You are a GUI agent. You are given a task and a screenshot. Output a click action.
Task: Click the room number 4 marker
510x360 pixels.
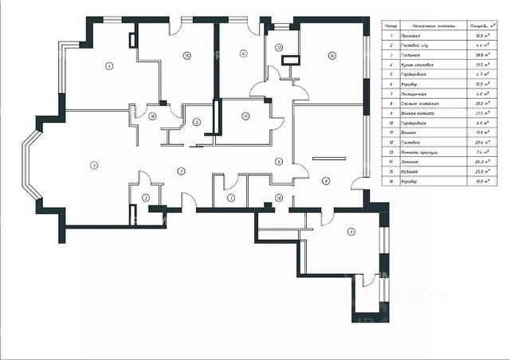coord(108,66)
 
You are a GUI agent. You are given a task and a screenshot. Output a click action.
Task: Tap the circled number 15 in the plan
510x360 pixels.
coord(186,55)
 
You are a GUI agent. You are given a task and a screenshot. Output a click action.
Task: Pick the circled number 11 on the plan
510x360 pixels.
coord(245,116)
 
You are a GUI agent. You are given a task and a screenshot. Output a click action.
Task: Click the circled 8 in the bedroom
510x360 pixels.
coord(325,181)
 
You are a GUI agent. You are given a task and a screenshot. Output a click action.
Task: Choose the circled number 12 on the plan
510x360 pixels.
coord(241,53)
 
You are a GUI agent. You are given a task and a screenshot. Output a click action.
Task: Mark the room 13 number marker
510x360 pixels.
coord(279,48)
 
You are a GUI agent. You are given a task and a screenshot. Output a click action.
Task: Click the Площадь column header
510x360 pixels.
coord(477,25)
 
